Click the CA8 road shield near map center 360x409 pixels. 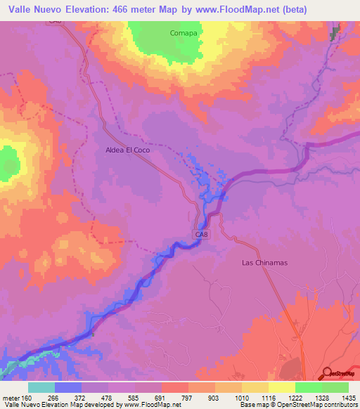tap(201, 234)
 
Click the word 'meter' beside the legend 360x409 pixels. tap(10, 398)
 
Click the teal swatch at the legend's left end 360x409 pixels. tap(41, 387)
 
